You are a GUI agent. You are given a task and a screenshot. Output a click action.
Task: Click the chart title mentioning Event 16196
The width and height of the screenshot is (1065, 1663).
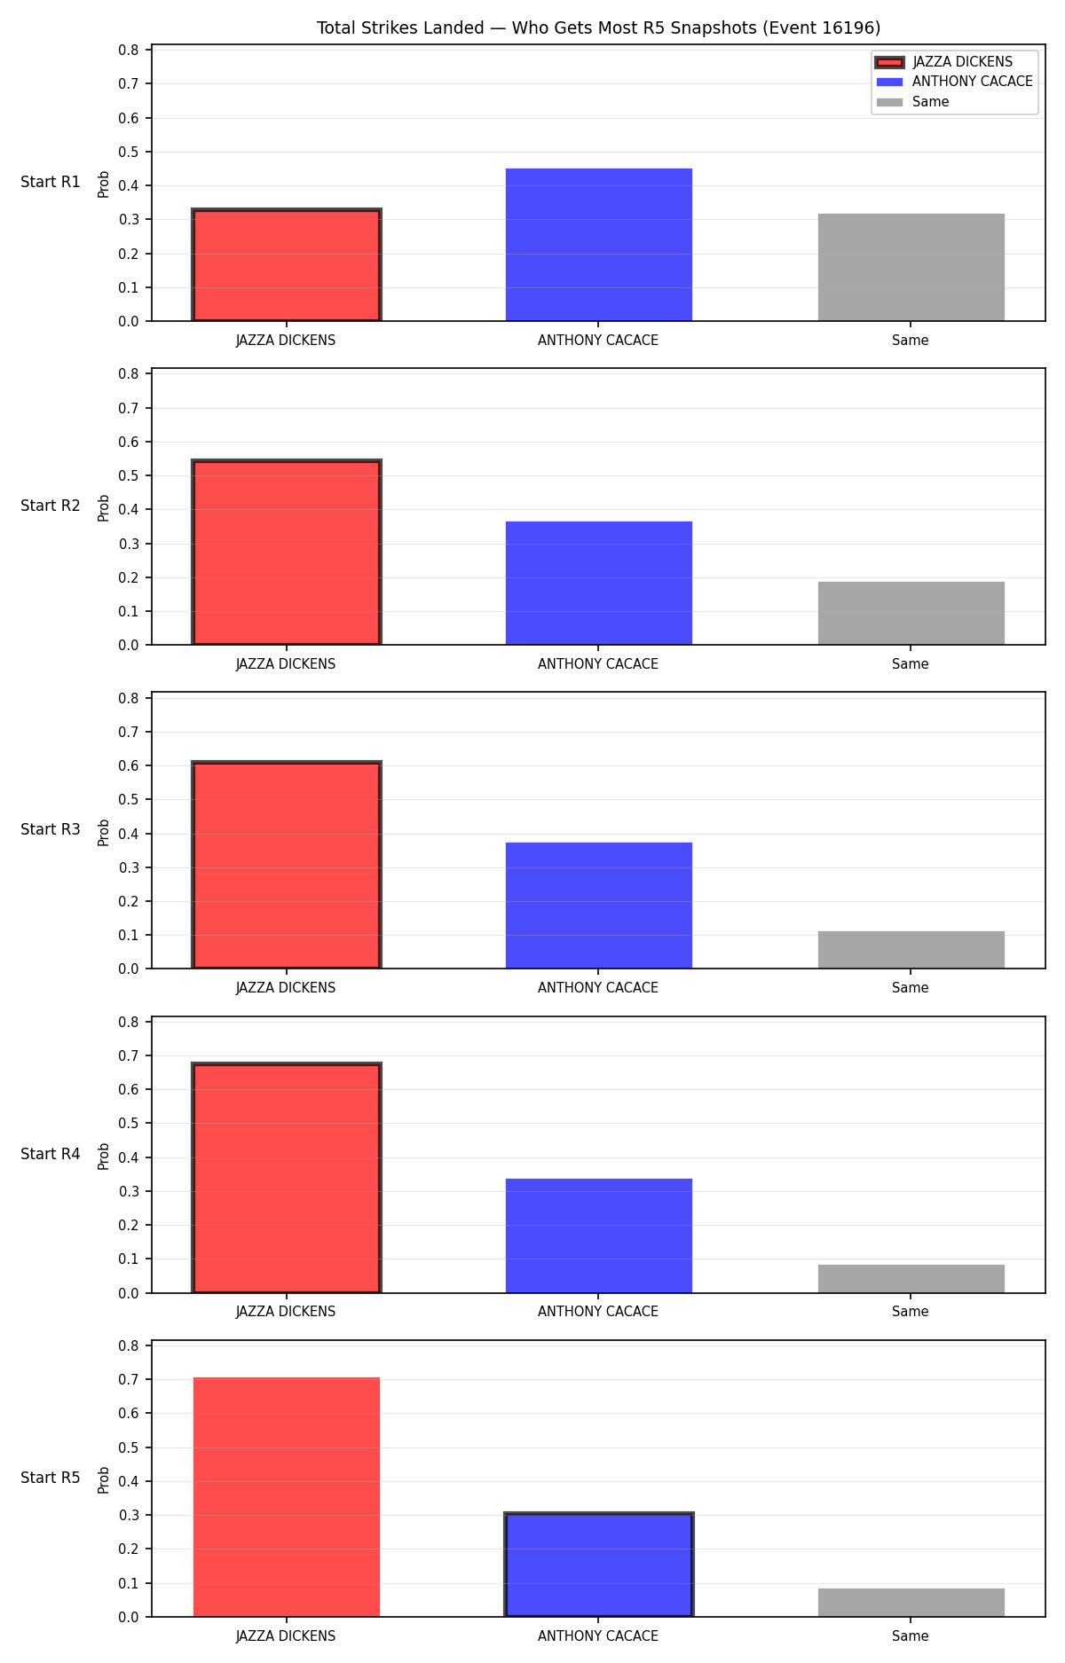tap(598, 28)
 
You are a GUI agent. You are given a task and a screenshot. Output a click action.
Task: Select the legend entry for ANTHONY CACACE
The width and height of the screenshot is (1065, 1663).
tap(954, 82)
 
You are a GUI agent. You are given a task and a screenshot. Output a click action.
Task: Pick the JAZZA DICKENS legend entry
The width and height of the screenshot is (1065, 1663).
tap(944, 62)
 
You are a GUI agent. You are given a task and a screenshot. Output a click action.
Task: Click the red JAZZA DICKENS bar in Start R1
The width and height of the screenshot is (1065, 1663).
tap(287, 265)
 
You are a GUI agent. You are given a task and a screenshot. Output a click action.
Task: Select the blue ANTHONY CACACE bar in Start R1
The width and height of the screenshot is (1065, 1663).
tap(599, 245)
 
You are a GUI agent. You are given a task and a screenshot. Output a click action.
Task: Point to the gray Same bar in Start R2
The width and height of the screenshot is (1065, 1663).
tap(911, 613)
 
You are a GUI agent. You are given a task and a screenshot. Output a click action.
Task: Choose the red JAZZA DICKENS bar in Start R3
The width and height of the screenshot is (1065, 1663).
tap(287, 866)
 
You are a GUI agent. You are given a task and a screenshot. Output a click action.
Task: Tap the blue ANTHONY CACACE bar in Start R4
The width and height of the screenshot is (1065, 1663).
tap(599, 1235)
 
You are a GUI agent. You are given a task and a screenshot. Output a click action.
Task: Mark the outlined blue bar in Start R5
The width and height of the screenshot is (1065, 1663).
tap(599, 1565)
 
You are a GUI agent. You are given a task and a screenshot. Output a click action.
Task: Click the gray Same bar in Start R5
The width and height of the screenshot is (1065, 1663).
tap(911, 1603)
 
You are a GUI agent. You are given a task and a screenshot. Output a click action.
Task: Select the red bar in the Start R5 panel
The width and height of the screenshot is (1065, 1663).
tap(287, 1497)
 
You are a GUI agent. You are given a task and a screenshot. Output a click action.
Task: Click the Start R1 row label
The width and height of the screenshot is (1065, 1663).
tap(51, 182)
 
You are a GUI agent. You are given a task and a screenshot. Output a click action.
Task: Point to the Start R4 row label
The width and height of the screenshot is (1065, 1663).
tap(51, 1154)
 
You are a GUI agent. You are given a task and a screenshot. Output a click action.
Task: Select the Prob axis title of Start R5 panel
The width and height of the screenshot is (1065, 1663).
tap(104, 1480)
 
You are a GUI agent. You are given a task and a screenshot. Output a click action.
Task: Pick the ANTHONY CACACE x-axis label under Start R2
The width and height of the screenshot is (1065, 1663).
tap(598, 664)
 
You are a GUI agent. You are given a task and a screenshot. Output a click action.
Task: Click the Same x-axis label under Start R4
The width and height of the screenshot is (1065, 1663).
tap(911, 1312)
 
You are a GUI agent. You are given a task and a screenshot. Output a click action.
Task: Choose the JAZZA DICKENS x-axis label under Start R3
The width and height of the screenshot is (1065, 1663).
tap(286, 988)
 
